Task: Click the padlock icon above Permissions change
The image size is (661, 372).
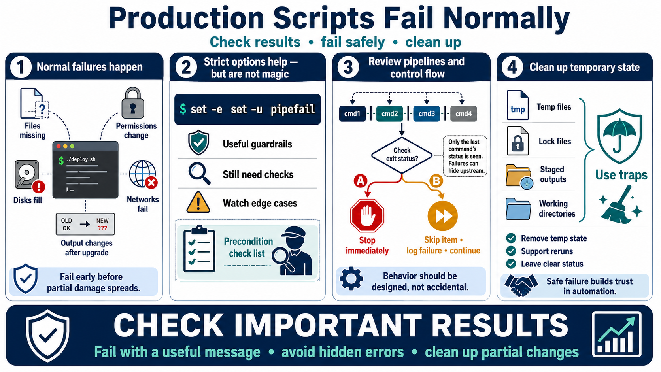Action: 133,103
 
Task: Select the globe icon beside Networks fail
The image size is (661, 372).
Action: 143,174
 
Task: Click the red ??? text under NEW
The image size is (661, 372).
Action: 102,228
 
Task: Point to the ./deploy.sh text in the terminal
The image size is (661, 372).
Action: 81,159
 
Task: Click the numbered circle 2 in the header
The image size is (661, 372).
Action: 186,67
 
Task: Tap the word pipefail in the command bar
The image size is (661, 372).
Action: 293,110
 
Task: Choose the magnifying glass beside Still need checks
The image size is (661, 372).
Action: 200,174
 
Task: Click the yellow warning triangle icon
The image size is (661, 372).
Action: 198,202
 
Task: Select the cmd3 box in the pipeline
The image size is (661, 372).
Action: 427,113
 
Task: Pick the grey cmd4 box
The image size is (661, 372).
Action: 464,113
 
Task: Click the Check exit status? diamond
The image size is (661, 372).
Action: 402,155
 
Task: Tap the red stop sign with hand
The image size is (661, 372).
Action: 367,215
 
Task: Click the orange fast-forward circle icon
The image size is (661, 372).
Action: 443,215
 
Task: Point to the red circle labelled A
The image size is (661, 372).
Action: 360,181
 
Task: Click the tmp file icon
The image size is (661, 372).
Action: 517,105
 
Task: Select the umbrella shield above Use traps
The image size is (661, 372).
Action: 620,136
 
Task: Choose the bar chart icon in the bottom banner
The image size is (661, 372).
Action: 617,334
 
